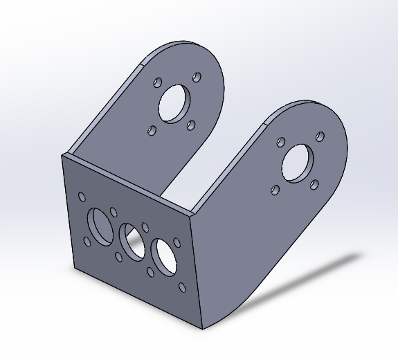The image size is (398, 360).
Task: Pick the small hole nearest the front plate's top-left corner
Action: [x=82, y=197]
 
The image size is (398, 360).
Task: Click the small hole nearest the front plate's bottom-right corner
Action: [x=182, y=287]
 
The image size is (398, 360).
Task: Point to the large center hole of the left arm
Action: [x=173, y=102]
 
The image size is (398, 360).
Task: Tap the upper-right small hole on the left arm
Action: [x=197, y=77]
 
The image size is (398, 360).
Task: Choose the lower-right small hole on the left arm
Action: [x=191, y=125]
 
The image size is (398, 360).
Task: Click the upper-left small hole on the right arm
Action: [x=280, y=142]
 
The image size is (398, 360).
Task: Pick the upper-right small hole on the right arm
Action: [x=320, y=137]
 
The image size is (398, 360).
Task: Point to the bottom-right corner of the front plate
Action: [x=202, y=328]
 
